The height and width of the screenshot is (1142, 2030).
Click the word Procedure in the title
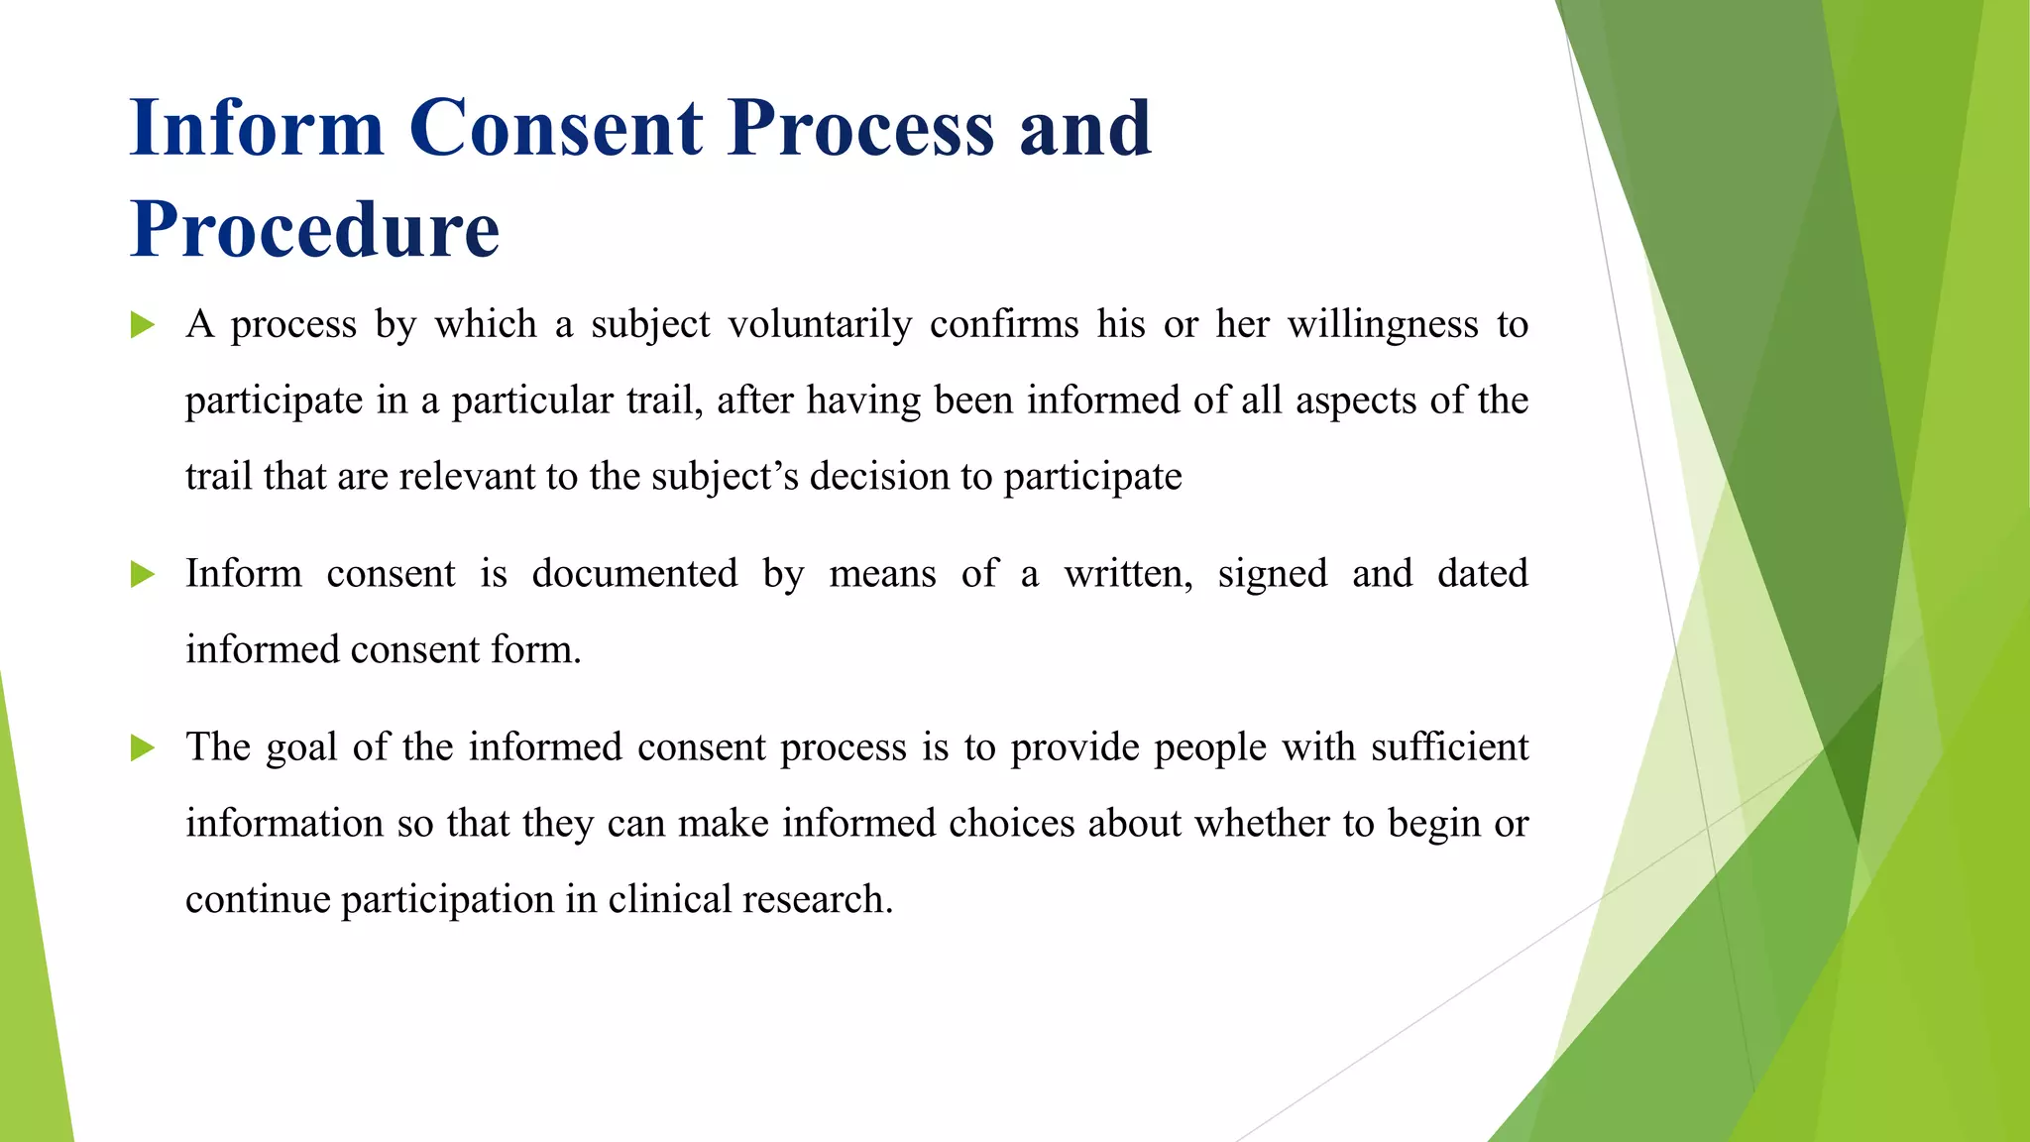pyautogui.click(x=314, y=230)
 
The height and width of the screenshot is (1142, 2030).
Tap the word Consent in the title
pyautogui.click(x=555, y=128)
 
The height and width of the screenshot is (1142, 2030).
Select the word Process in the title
pyautogui.click(x=860, y=128)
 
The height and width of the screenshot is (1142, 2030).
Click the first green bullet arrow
pyautogui.click(x=143, y=325)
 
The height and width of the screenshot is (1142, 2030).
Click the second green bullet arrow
pyautogui.click(x=143, y=574)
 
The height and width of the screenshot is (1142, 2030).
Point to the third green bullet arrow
pyautogui.click(x=143, y=747)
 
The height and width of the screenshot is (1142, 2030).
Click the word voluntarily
pyautogui.click(x=820, y=325)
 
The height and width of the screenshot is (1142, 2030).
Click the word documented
pyautogui.click(x=634, y=574)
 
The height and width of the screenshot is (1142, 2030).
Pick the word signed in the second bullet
pyautogui.click(x=1272, y=574)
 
